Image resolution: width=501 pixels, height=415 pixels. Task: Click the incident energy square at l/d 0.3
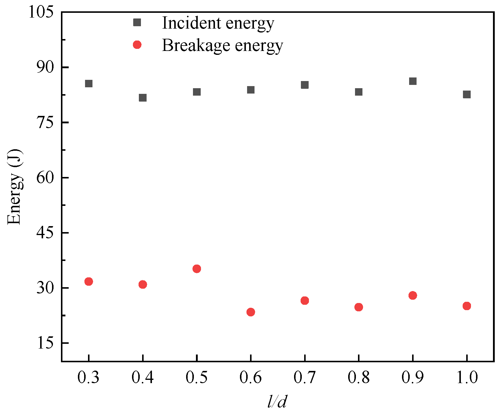(x=89, y=83)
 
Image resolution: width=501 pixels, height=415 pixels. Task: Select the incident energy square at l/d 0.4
(x=143, y=97)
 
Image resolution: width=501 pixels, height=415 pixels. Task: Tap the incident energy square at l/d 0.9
(x=413, y=81)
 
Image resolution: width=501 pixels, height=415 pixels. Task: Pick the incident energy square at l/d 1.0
(x=467, y=94)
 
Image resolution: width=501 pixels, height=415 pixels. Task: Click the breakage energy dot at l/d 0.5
(x=197, y=269)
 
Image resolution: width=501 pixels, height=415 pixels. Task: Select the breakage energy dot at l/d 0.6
(x=251, y=312)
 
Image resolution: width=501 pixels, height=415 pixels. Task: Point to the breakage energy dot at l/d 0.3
(x=89, y=281)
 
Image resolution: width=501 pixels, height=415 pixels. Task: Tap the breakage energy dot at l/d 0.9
(x=413, y=295)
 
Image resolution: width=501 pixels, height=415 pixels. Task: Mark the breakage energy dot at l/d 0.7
(x=305, y=300)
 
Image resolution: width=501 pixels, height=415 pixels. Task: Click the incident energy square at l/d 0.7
(x=305, y=85)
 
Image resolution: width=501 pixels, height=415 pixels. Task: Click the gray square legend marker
(x=137, y=22)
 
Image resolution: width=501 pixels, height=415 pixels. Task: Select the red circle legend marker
(x=137, y=45)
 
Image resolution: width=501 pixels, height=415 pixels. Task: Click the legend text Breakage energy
(x=222, y=46)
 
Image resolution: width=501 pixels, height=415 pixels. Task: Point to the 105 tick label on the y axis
(x=41, y=13)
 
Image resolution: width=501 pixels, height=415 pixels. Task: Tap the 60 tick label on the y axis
(x=45, y=178)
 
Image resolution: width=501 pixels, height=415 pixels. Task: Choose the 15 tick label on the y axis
(x=45, y=343)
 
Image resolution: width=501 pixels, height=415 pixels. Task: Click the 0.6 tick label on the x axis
(x=251, y=378)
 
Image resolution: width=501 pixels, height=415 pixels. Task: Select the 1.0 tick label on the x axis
(x=467, y=378)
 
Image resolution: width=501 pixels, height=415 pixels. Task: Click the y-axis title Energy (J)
(x=14, y=187)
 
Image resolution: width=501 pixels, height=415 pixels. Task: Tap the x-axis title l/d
(x=277, y=402)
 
